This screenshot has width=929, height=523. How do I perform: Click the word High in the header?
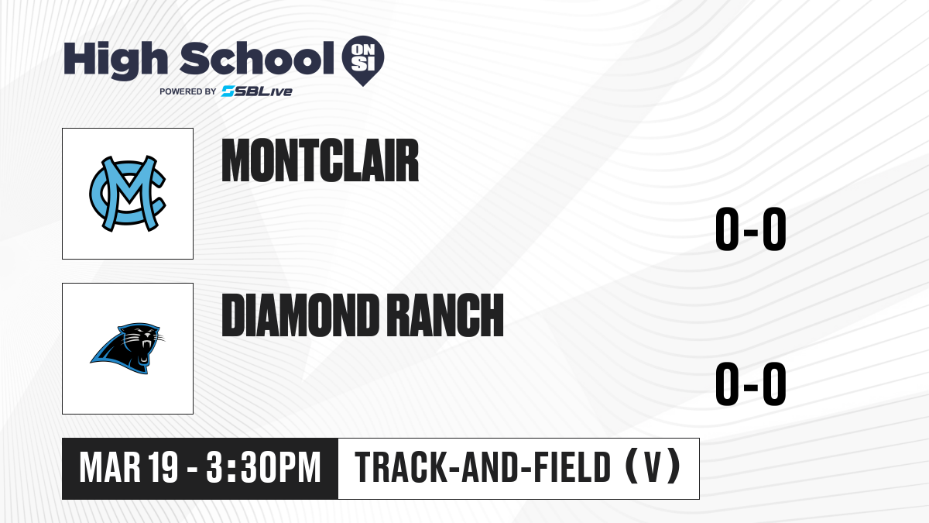click(x=115, y=60)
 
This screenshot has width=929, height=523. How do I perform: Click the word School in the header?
click(x=257, y=58)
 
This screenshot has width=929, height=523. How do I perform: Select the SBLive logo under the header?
click(x=257, y=91)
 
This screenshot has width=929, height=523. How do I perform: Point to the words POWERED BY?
click(x=188, y=91)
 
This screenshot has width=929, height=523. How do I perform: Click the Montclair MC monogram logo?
click(x=128, y=194)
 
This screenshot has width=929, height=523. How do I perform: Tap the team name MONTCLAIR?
click(x=321, y=160)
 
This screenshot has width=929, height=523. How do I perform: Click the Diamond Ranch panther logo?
click(x=127, y=348)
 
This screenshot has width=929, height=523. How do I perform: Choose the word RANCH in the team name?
click(x=447, y=315)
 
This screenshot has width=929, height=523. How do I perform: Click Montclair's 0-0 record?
click(x=751, y=229)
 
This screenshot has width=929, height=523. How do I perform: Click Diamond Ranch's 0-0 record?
click(x=751, y=384)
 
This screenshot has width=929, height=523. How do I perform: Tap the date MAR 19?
click(x=129, y=468)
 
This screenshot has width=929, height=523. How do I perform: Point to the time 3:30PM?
click(x=264, y=468)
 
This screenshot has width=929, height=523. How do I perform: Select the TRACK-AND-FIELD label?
click(x=483, y=467)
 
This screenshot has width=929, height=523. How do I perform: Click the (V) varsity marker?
click(x=653, y=466)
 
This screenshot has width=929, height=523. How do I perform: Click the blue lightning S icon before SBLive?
click(x=228, y=91)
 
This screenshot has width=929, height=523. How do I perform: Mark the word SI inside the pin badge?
click(x=363, y=64)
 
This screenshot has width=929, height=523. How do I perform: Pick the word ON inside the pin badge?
click(x=363, y=50)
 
